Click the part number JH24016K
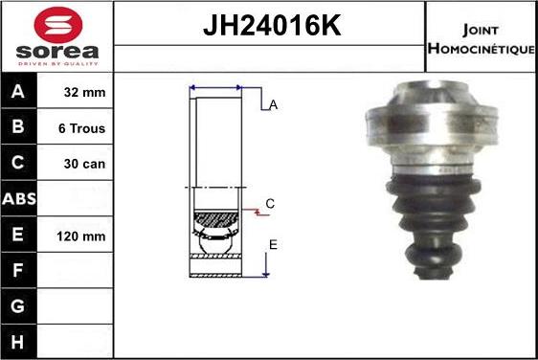coord(272,25)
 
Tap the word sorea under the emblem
coord(57,52)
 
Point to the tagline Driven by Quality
coord(58,64)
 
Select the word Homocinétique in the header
coord(482,49)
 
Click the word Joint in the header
coord(481,30)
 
